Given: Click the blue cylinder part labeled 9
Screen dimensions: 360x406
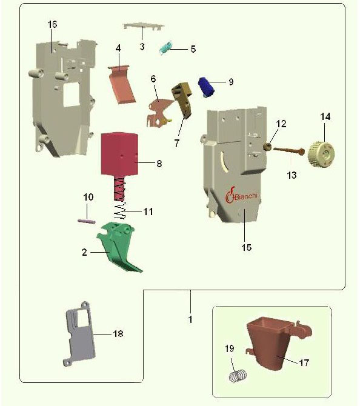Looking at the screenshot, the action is pyautogui.click(x=206, y=87).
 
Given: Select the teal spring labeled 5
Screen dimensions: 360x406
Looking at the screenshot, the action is pyautogui.click(x=165, y=48).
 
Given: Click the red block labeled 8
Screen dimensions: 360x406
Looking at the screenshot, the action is pyautogui.click(x=119, y=154).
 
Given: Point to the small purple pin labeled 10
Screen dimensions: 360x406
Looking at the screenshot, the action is pyautogui.click(x=87, y=221).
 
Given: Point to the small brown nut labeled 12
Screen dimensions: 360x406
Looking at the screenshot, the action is pyautogui.click(x=267, y=148).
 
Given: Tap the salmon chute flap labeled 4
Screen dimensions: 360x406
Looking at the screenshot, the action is pyautogui.click(x=122, y=85).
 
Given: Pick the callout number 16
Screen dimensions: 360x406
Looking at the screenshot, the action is pyautogui.click(x=52, y=25).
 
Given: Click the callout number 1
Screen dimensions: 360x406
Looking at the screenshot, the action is pyautogui.click(x=190, y=319).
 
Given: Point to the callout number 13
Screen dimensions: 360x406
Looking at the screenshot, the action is pyautogui.click(x=292, y=175).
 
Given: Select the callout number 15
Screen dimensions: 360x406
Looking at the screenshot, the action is pyautogui.click(x=247, y=247).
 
